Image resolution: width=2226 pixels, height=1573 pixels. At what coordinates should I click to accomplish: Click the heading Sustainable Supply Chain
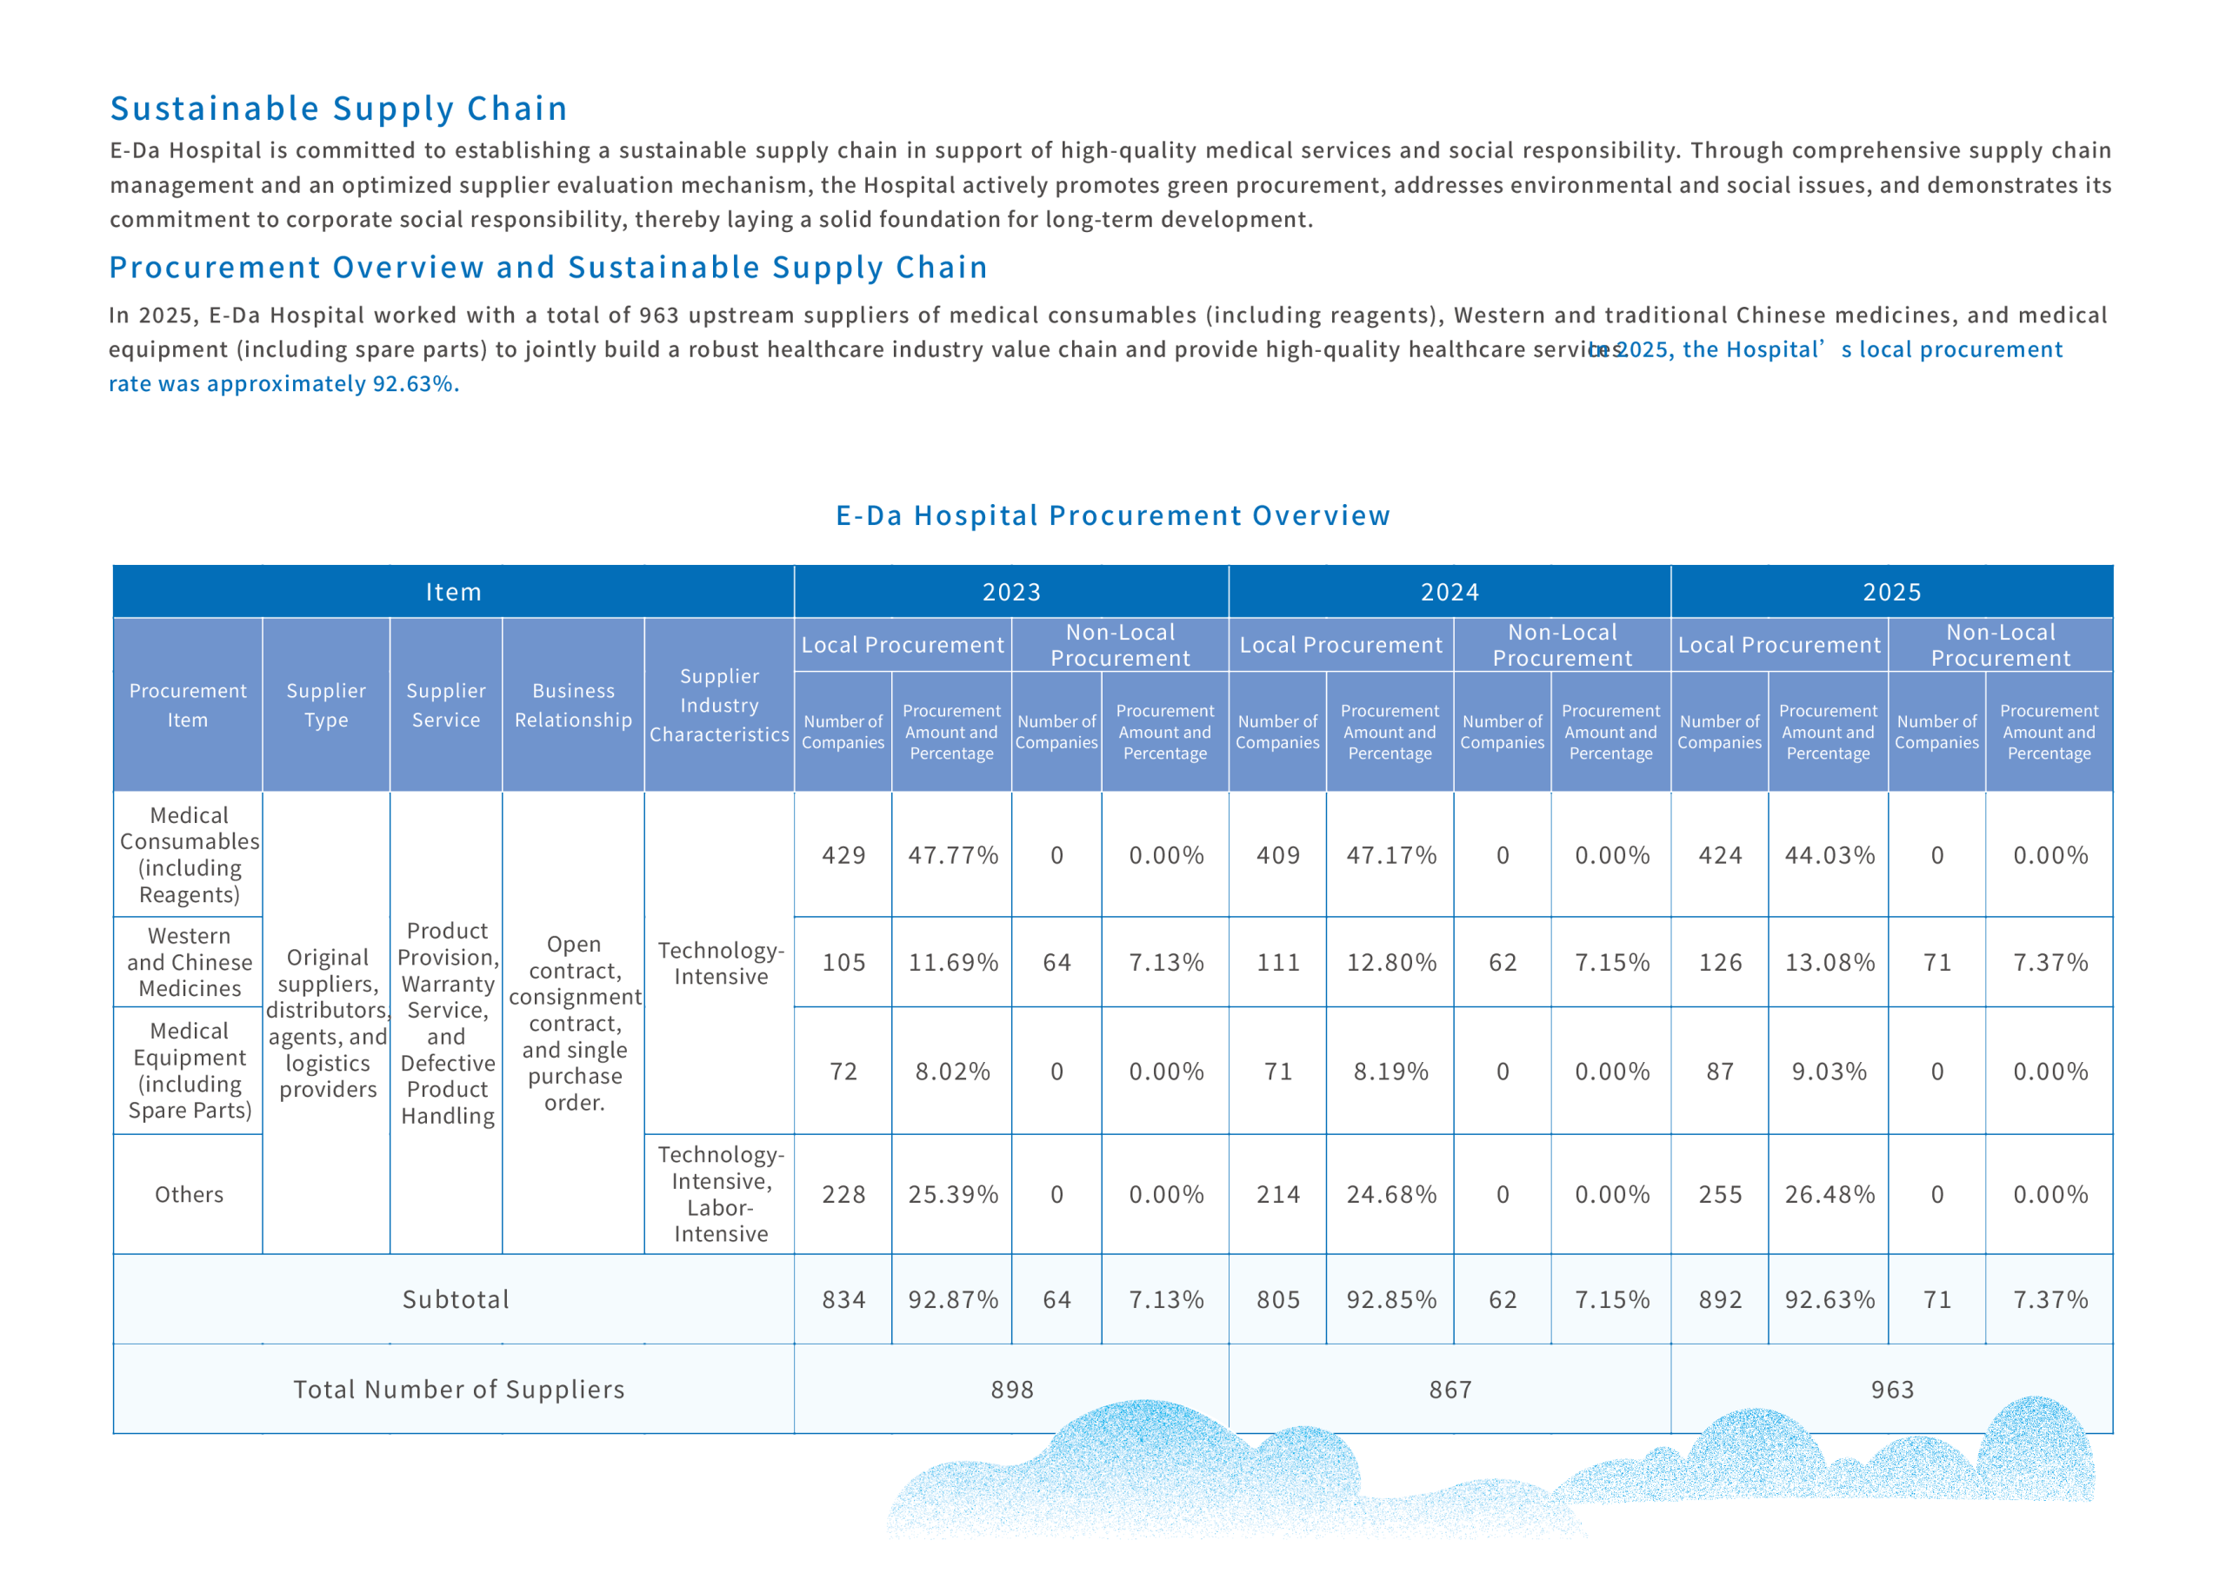coord(338,109)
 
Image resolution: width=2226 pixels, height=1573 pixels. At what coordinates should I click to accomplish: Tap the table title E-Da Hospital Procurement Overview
coord(1113,515)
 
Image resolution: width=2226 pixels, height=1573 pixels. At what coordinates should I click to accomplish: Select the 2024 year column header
coord(1450,592)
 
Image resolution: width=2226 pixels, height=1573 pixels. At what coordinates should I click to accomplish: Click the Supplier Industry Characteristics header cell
coord(719,706)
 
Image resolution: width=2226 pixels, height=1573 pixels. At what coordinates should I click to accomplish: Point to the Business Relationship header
coord(573,706)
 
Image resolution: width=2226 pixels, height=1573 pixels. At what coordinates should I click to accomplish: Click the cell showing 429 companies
coord(843,856)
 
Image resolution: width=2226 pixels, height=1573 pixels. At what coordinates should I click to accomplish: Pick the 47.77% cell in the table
coord(953,856)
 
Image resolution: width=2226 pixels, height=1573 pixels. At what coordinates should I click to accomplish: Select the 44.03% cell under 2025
coord(1829,856)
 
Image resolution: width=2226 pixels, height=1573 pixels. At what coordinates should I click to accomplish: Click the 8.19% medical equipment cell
coord(1391,1072)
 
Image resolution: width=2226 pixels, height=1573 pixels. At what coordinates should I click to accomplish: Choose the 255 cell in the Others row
coord(1720,1195)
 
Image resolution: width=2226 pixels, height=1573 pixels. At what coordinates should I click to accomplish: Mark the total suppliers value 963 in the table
coord(1891,1390)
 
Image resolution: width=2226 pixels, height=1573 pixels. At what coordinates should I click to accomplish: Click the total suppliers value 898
coord(1012,1390)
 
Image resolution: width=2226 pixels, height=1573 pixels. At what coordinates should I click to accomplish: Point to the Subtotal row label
coord(456,1300)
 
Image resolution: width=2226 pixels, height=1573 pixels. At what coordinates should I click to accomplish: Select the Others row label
coord(189,1195)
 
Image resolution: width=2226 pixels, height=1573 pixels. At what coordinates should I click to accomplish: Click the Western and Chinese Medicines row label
coord(189,962)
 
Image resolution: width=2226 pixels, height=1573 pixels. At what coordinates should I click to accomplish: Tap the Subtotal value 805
coord(1278,1300)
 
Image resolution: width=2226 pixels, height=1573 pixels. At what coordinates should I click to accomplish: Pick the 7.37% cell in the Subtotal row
coord(2050,1300)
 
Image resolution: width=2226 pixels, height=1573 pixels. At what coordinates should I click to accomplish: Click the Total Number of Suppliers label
coord(458,1390)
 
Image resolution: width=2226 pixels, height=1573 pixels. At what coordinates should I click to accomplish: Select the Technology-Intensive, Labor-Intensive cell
coord(720,1194)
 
